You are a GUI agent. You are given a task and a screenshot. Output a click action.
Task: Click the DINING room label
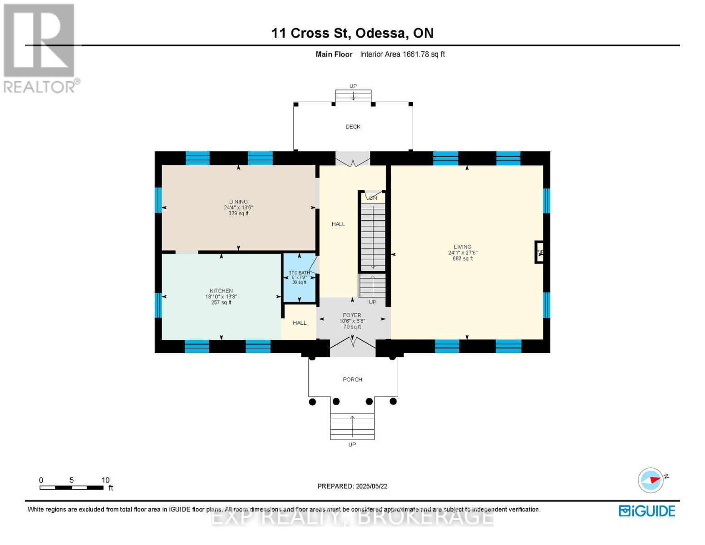click(238, 202)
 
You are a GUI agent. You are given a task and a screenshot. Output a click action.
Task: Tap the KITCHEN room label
click(221, 291)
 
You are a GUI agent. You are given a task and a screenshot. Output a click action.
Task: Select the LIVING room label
click(462, 247)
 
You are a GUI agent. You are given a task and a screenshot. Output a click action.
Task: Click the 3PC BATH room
click(299, 277)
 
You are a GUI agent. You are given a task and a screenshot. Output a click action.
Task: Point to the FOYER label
click(352, 315)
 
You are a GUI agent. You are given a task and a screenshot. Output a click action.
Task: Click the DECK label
click(353, 127)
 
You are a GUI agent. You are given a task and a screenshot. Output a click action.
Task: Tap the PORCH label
click(352, 380)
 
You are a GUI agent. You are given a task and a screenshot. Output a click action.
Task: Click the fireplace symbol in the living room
click(539, 252)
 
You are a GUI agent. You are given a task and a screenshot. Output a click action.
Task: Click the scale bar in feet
click(71, 488)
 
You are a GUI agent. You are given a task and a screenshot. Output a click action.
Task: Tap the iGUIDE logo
click(647, 511)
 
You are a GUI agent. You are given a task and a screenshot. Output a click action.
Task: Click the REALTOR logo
click(39, 48)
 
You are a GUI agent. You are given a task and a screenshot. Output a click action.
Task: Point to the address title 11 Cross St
click(352, 33)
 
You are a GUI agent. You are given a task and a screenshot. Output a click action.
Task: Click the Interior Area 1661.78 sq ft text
click(402, 54)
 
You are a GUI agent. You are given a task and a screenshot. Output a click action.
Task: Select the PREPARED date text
click(352, 486)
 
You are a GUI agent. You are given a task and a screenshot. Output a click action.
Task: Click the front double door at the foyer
click(353, 346)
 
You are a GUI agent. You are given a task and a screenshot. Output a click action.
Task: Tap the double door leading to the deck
click(353, 159)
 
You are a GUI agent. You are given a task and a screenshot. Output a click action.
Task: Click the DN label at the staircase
click(373, 198)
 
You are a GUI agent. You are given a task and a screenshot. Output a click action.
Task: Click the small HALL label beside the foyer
click(300, 323)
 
